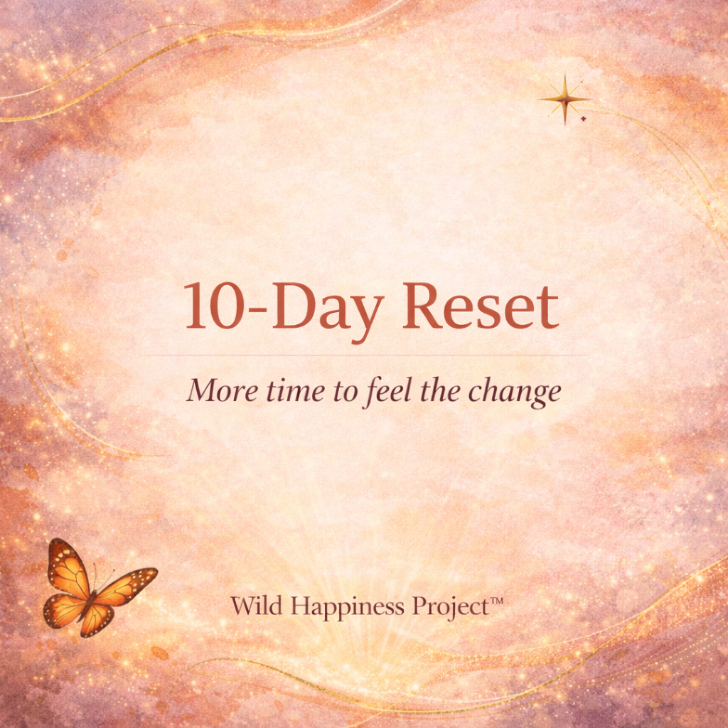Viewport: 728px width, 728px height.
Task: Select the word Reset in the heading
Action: pyautogui.click(x=481, y=306)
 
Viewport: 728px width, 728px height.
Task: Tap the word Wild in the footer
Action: pyautogui.click(x=251, y=606)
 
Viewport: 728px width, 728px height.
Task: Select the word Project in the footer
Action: pyautogui.click(x=442, y=608)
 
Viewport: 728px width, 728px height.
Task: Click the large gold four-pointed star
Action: pyautogui.click(x=565, y=99)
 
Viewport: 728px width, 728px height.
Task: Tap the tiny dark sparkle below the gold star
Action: pyautogui.click(x=584, y=119)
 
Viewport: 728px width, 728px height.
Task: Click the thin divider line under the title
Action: pyautogui.click(x=363, y=355)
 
